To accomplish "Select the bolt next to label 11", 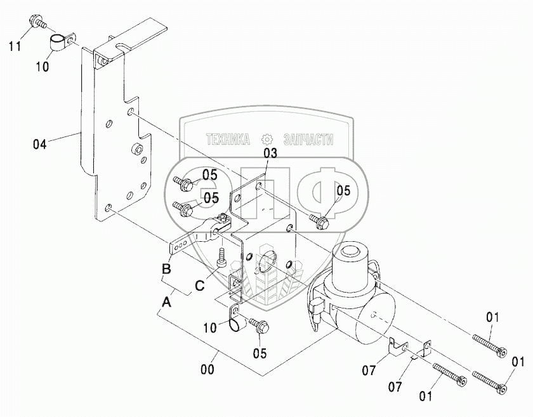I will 37,24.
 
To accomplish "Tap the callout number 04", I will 40,144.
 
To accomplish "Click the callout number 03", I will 270,154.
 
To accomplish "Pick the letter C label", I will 199,286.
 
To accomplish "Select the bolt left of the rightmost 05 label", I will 319,221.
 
